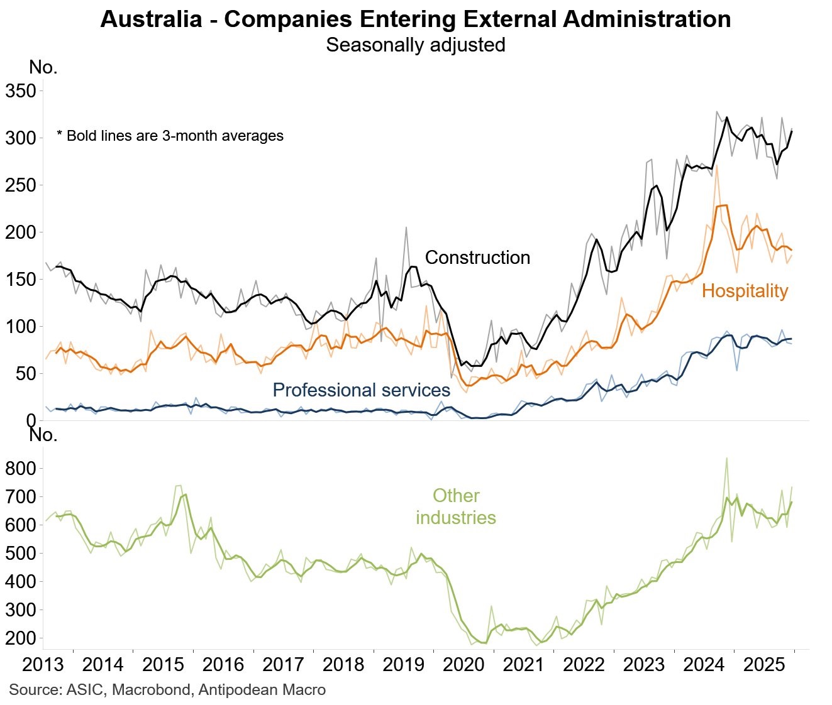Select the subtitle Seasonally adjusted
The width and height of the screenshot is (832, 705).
415,45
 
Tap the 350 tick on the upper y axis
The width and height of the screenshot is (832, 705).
21,91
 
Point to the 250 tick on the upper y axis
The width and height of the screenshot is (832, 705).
21,185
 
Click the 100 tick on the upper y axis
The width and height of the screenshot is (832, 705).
21,327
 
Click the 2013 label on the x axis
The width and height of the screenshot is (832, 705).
43,665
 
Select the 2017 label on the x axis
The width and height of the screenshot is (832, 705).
283,665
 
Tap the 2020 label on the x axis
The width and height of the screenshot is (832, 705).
463,665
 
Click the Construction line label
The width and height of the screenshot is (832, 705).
477,258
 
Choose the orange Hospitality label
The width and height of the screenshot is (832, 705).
745,291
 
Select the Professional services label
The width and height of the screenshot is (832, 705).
361,390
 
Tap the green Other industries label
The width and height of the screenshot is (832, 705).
456,506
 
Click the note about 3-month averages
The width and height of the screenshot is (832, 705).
170,136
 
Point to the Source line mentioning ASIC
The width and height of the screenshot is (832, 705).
167,690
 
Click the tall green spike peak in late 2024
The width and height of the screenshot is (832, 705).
726,458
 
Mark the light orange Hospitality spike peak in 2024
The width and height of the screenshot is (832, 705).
717,166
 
